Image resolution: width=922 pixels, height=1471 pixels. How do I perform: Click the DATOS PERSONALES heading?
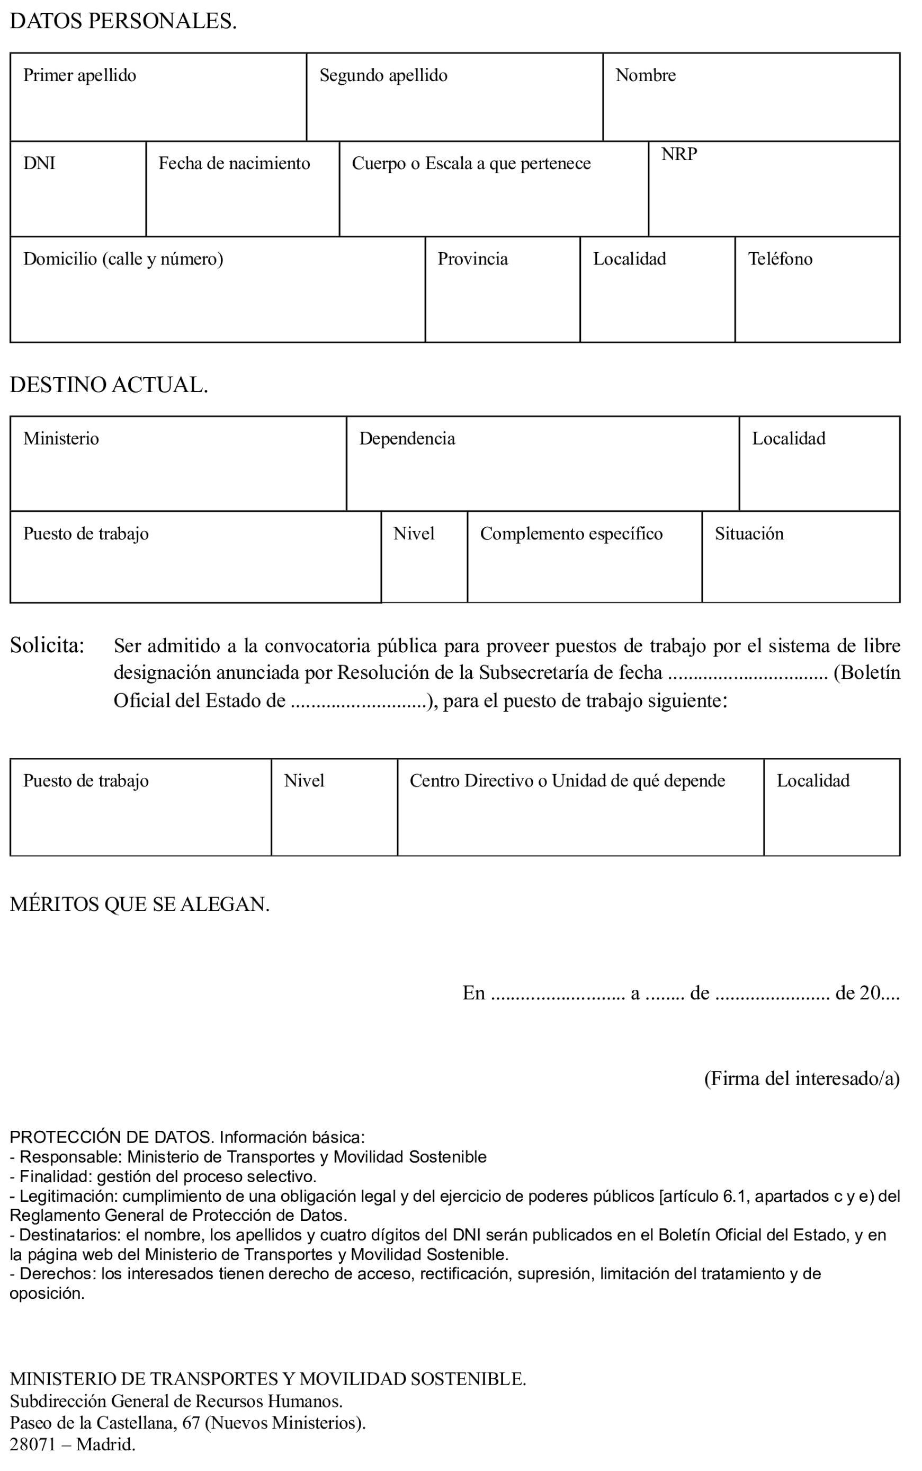(x=123, y=22)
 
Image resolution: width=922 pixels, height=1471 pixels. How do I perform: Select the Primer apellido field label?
(x=79, y=76)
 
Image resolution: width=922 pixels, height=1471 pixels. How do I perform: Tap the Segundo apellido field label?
(x=383, y=76)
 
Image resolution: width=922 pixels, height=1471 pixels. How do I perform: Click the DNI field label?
(x=39, y=164)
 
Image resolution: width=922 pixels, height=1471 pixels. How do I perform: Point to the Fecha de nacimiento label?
(x=234, y=164)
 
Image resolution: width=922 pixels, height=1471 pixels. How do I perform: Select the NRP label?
(x=679, y=154)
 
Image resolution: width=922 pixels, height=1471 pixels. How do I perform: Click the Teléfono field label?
(x=780, y=259)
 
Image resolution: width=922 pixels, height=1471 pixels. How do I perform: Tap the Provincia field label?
(x=472, y=259)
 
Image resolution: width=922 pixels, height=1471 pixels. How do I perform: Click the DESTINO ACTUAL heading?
(x=109, y=385)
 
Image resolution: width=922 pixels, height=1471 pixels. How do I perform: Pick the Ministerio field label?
(x=61, y=439)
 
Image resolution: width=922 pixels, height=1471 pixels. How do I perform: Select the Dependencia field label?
(x=407, y=439)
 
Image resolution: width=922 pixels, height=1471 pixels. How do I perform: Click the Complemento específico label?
(x=571, y=534)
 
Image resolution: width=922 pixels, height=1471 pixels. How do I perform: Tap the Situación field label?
(x=749, y=534)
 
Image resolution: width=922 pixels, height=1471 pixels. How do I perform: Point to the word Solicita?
(x=47, y=645)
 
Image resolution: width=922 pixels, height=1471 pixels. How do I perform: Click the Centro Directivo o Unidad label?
(x=567, y=781)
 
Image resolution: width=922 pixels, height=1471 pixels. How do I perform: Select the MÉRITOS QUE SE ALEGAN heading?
(x=140, y=904)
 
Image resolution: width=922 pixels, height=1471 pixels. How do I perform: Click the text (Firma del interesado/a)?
(x=801, y=1079)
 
